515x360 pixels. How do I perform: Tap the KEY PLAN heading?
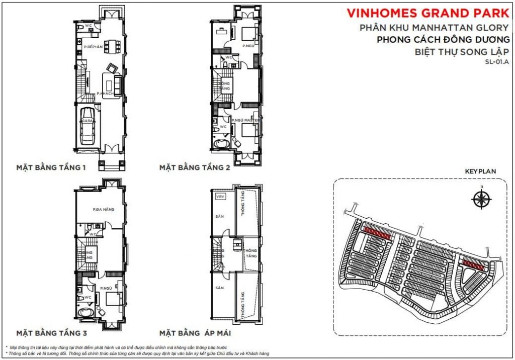coord(480,171)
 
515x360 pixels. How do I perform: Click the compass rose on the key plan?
coord(481,199)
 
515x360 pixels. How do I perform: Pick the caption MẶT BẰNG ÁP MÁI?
coord(196,333)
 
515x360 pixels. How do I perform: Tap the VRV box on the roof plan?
coord(219,197)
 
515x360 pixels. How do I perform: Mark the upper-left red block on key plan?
coord(377,232)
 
